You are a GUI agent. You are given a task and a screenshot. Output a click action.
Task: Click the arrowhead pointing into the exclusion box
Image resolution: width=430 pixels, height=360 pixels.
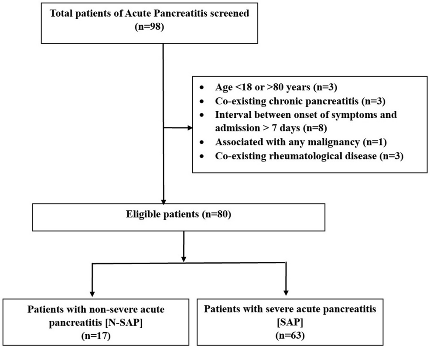tap(189, 128)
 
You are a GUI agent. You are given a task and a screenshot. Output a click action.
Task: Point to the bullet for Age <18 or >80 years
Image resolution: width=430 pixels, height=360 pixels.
tap(201, 87)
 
